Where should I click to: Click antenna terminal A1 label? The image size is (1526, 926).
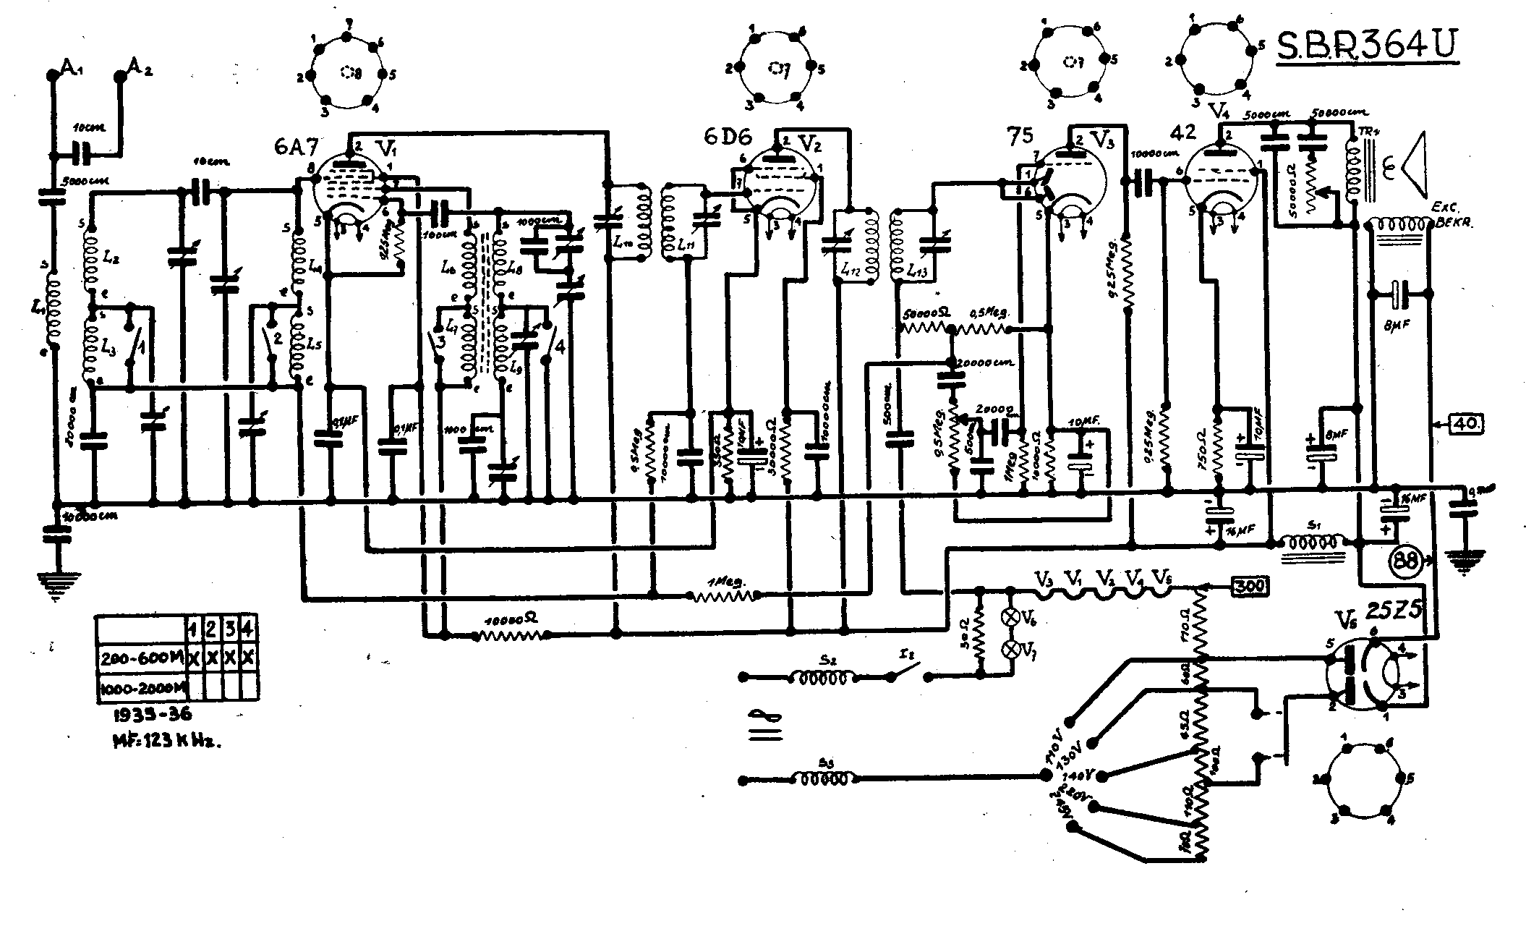(70, 68)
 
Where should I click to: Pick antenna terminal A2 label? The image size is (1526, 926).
(139, 67)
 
